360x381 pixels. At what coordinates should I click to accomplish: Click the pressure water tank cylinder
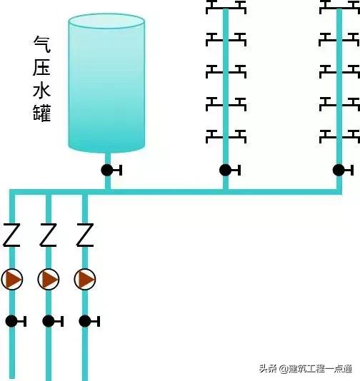tap(106, 84)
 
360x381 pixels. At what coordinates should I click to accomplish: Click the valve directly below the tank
tap(107, 170)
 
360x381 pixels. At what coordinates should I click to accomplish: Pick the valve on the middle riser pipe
tap(226, 170)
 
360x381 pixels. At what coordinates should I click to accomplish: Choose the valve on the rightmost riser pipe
tap(339, 170)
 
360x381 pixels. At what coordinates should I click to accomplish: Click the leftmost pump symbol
tap(12, 278)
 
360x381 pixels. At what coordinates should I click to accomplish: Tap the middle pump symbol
tap(49, 278)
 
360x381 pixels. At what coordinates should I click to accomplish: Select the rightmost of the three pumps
tap(85, 278)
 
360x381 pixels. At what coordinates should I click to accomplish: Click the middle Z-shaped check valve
tap(49, 235)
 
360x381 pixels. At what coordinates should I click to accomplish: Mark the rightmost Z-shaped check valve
tap(85, 235)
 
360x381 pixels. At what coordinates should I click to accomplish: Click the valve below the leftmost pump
tap(12, 321)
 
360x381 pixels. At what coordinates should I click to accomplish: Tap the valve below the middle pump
tap(49, 321)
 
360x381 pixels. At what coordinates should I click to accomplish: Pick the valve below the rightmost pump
tap(85, 321)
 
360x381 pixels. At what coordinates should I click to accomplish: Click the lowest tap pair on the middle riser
tap(226, 133)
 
